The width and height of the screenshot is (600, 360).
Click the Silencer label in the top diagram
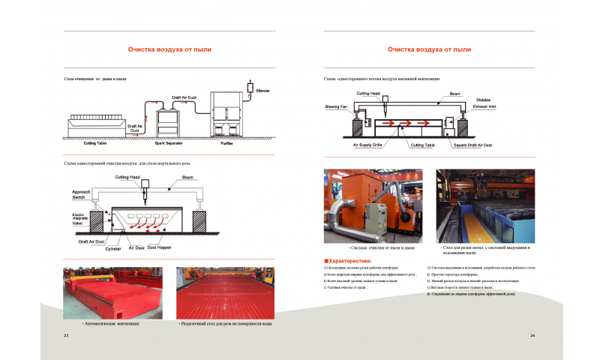tap(262, 91)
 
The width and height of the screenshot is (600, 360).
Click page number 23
tap(66, 334)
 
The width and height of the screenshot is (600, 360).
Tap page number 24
tap(532, 334)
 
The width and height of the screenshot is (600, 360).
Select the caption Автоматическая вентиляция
tap(111, 323)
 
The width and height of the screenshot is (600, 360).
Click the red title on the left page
tap(169, 49)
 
